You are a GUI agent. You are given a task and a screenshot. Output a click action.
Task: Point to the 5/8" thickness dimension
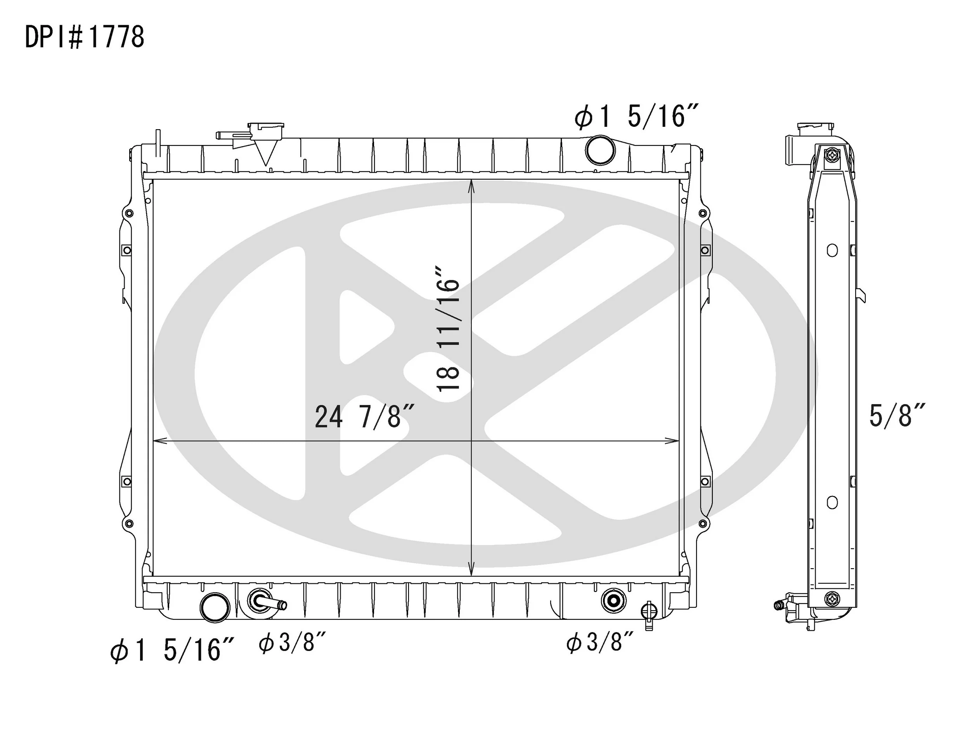897,415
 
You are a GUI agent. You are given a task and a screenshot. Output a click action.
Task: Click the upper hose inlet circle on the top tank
600,150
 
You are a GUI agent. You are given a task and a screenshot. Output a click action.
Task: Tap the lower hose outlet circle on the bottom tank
215,608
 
